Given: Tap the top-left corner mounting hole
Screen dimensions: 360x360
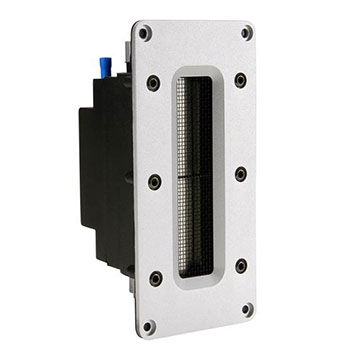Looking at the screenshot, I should point(145,34).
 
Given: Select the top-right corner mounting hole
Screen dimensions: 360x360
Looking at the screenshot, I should point(247,33).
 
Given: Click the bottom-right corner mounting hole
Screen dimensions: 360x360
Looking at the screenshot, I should point(247,309).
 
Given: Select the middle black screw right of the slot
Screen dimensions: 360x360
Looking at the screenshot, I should point(240,174).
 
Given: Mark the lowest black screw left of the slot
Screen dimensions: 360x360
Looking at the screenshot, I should point(155,278).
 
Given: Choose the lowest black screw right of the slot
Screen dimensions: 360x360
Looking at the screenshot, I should point(241,266).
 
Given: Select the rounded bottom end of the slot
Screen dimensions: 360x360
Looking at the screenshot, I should point(198,283).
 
